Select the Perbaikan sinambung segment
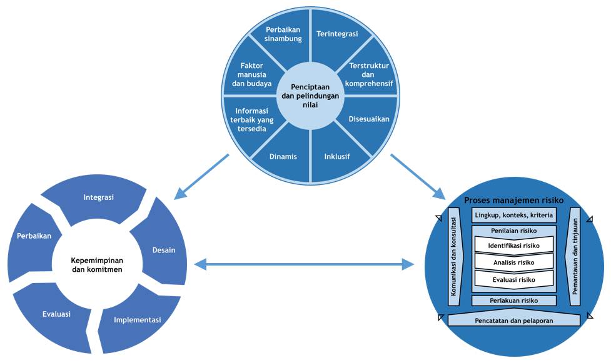point(283,34)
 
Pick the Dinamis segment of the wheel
point(283,157)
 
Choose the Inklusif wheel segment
point(338,157)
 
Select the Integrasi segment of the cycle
point(98,198)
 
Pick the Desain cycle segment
point(163,250)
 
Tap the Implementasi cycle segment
point(137,320)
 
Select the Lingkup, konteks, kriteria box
point(513,216)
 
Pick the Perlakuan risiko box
point(513,301)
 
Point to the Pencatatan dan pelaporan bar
point(513,320)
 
